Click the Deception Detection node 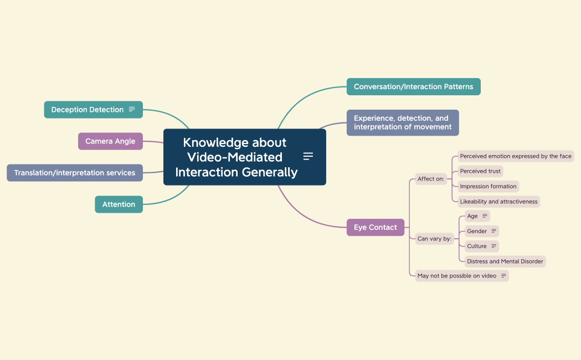tap(87, 110)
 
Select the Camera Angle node tap(110, 141)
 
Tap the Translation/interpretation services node tap(75, 173)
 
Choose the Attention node tap(119, 204)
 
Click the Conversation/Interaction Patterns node tap(413, 86)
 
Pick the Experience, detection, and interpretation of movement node tap(402, 122)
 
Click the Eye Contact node tap(376, 227)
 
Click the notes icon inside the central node tap(309, 156)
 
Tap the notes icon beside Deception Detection tap(132, 109)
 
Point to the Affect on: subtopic tap(431, 179)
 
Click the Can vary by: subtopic tap(434, 239)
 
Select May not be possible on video tap(457, 276)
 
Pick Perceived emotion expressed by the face tap(516, 156)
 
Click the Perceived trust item tap(480, 171)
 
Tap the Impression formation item tap(488, 187)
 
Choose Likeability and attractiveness tap(498, 202)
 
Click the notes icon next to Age tap(485, 216)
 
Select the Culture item tap(477, 246)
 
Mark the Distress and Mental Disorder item tap(505, 261)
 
